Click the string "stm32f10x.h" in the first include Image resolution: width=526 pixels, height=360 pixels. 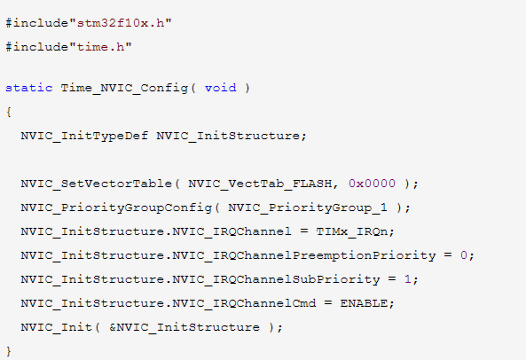[x=121, y=23]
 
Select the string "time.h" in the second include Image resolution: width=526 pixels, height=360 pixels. [x=100, y=47]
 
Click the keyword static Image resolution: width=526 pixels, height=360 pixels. [x=29, y=88]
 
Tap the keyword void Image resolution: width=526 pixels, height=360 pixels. [x=220, y=88]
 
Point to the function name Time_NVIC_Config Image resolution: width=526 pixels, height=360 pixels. [x=124, y=88]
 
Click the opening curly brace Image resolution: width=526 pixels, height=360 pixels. [x=9, y=112]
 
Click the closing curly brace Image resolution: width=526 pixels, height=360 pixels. [x=9, y=351]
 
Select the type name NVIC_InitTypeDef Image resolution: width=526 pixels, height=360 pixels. [x=84, y=136]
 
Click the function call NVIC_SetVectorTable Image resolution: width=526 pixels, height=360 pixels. [x=97, y=184]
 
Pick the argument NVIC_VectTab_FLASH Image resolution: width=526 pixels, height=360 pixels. [x=260, y=184]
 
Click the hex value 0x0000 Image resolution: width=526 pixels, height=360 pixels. [x=372, y=184]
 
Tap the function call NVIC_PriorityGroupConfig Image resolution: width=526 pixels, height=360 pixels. [x=116, y=207]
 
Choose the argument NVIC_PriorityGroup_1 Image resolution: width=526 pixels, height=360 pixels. [x=308, y=207]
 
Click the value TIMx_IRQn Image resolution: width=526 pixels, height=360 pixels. [x=352, y=231]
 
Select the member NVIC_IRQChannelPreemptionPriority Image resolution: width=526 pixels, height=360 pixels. [x=304, y=255]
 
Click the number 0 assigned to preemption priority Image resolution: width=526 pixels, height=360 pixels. [x=464, y=255]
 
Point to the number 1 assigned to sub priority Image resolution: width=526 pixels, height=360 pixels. [x=408, y=279]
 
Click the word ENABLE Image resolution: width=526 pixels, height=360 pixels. [x=364, y=303]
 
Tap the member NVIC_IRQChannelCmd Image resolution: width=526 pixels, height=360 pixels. [x=244, y=303]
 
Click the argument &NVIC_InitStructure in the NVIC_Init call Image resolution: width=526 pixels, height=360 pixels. [x=184, y=327]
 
